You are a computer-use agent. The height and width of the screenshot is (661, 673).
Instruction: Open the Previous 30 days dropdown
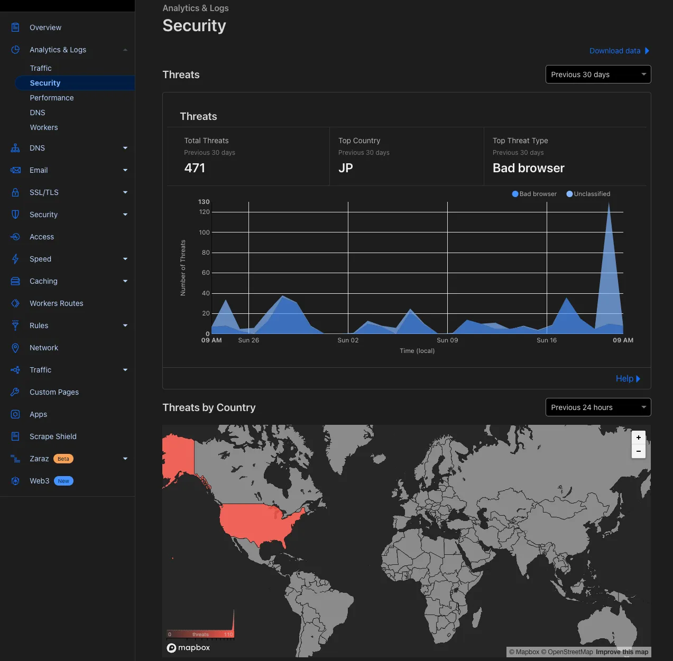click(598, 75)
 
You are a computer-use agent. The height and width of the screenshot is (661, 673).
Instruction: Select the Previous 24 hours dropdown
click(598, 407)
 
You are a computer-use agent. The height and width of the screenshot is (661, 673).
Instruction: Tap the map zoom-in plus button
click(639, 437)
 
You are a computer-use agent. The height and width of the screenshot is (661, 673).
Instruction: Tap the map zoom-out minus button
click(639, 451)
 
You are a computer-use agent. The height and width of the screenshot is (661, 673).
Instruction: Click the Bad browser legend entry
click(534, 194)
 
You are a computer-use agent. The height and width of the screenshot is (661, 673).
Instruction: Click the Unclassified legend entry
click(588, 194)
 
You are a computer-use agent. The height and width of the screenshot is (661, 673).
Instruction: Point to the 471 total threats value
click(195, 168)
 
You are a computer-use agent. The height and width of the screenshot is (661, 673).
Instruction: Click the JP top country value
click(346, 168)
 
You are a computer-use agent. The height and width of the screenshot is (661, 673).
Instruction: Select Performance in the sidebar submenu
click(52, 98)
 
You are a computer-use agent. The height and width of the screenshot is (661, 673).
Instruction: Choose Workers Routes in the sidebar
click(57, 303)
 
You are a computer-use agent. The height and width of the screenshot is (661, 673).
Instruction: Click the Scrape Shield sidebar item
click(53, 436)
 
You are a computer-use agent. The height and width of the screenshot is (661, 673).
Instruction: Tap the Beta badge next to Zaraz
click(63, 459)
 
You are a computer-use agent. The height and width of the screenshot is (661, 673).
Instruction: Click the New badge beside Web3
click(63, 481)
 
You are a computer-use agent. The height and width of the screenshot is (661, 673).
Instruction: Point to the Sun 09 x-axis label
click(447, 340)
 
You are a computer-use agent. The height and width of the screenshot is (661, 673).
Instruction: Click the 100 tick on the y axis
click(204, 232)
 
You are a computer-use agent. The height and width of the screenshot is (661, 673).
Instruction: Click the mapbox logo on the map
click(189, 648)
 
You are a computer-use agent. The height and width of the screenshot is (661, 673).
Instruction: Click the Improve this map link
click(622, 652)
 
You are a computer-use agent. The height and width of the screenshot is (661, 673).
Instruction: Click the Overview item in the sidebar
click(45, 27)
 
